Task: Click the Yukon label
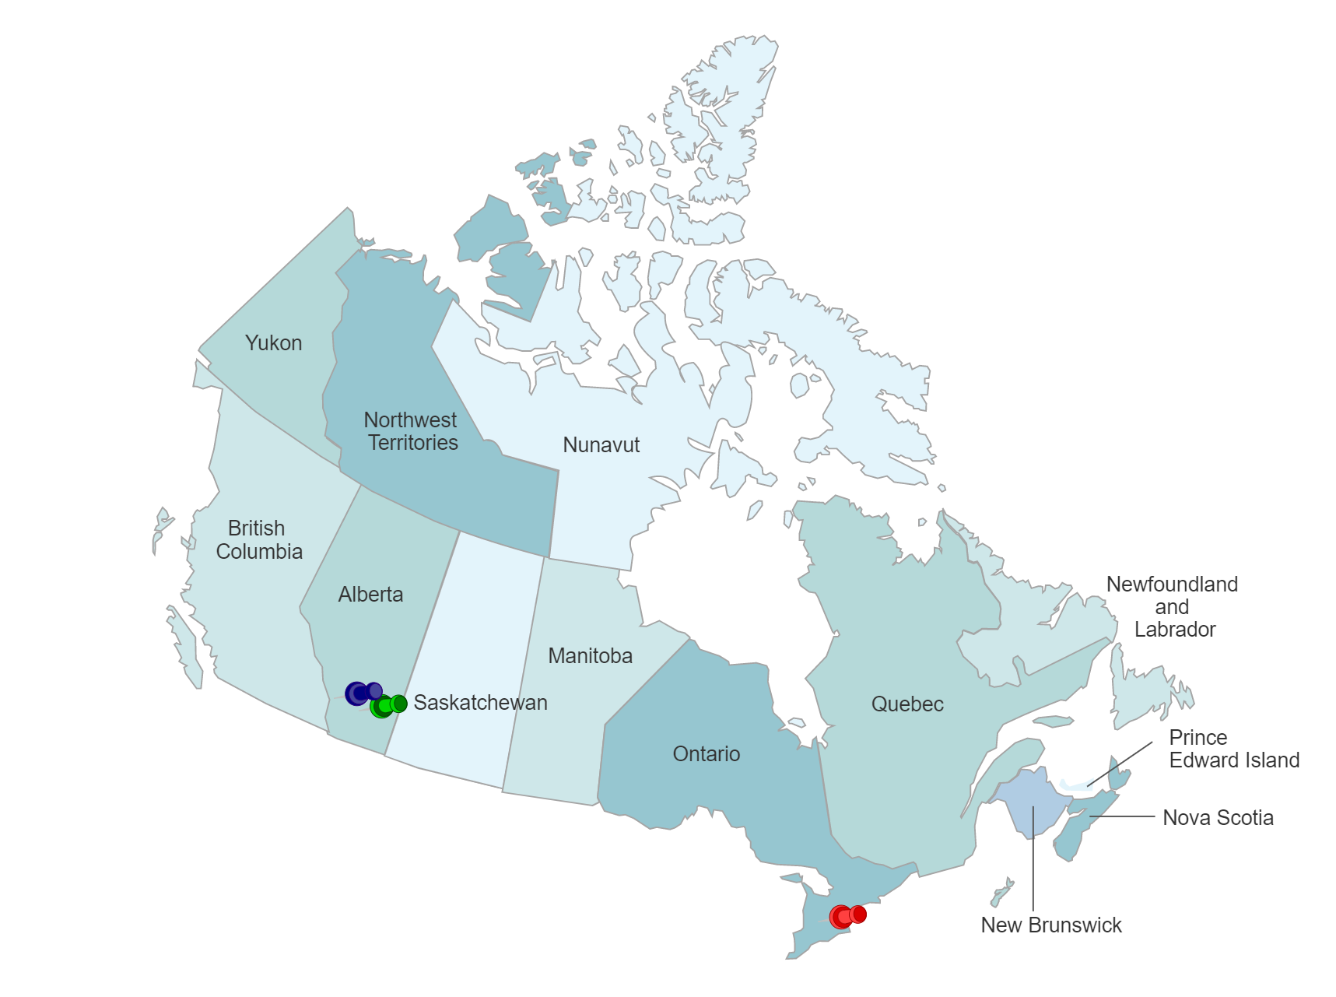click(273, 343)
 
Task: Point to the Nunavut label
click(601, 445)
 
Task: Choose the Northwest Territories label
click(412, 431)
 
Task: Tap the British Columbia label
click(258, 539)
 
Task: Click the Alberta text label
click(370, 595)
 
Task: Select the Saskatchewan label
click(480, 703)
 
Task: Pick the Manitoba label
click(590, 656)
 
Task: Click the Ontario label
click(706, 754)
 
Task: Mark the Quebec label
click(906, 704)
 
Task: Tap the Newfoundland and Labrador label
click(1173, 606)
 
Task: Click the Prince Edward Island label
click(1233, 749)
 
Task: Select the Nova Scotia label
click(1218, 818)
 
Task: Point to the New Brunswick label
click(1050, 925)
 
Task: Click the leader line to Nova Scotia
click(1124, 816)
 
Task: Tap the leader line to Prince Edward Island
click(1120, 763)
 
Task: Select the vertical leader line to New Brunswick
click(1033, 864)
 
